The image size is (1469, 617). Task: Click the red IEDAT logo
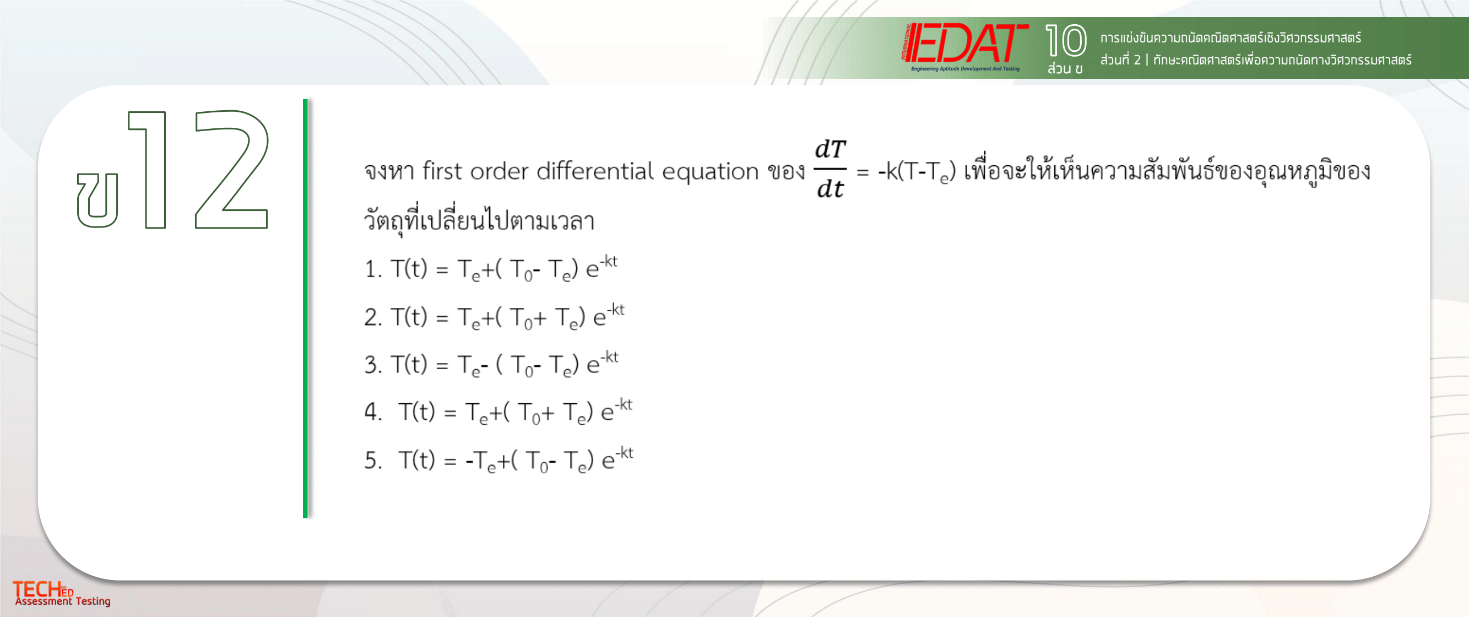tap(965, 47)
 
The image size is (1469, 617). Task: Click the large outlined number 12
tap(198, 169)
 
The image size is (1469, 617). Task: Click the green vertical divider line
tap(305, 308)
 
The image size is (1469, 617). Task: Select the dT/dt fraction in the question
tap(830, 169)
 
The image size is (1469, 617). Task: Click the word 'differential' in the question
tap(595, 171)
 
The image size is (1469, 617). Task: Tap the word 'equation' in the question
tap(710, 173)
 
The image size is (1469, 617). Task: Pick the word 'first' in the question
tap(441, 171)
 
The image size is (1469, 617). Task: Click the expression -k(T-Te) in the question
tap(917, 171)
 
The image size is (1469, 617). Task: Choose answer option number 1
tap(491, 269)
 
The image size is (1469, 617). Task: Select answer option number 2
tap(495, 316)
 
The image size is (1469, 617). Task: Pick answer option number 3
tap(491, 364)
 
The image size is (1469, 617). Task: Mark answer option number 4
tap(498, 411)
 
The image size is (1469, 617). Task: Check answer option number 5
tap(499, 459)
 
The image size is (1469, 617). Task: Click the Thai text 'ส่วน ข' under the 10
tap(1065, 68)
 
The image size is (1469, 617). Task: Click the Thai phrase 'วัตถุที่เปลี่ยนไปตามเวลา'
tap(479, 220)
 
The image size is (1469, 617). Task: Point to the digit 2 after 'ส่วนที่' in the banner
tap(1137, 60)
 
